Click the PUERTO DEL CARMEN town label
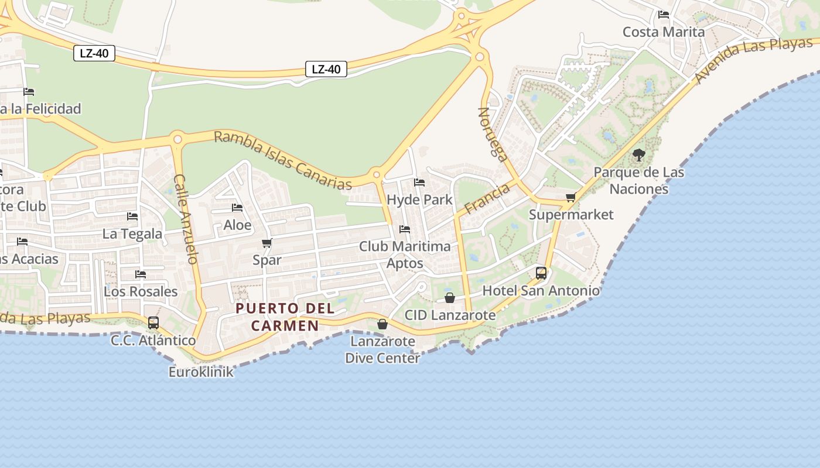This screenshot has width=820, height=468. point(285,317)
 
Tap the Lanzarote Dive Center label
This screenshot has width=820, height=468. point(382,349)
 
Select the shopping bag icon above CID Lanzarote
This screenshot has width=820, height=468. point(450,298)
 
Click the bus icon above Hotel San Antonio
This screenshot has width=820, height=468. point(541,273)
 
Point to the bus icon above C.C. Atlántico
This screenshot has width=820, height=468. point(153,322)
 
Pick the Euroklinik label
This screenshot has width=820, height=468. point(201,372)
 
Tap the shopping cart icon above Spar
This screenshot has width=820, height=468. point(267,243)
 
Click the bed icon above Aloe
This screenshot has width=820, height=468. point(237,208)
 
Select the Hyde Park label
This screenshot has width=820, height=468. point(419,199)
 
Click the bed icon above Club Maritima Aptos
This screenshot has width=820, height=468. point(405,229)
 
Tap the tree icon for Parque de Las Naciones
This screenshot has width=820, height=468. point(638,155)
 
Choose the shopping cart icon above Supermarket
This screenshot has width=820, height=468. point(571,198)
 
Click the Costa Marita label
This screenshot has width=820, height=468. point(664,32)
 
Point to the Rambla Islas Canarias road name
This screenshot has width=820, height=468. point(282,160)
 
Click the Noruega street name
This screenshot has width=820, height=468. point(493,134)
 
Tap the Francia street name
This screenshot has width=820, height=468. point(487,199)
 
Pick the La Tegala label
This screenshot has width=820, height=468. point(132,234)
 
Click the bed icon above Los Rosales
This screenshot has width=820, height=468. point(141,274)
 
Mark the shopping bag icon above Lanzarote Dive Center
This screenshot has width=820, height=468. point(382,324)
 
